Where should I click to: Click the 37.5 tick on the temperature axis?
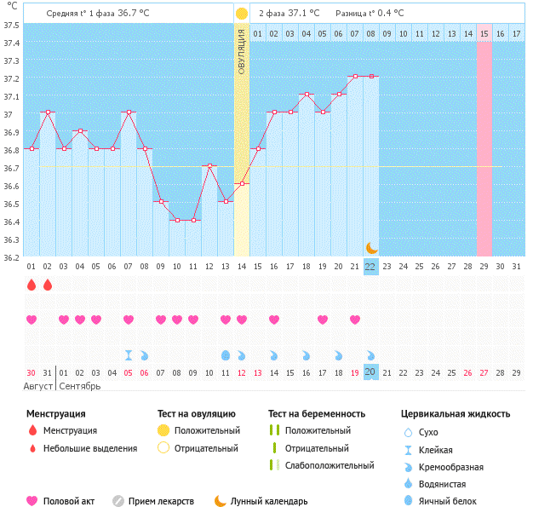tap(12, 25)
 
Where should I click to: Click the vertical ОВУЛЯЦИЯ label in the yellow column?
tap(242, 51)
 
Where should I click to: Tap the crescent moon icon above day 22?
tap(370, 247)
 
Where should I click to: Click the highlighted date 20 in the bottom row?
tap(370, 372)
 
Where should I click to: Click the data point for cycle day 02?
tap(48, 112)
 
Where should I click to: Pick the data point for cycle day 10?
tap(177, 220)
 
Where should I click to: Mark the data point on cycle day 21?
tap(354, 77)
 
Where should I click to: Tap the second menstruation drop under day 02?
tap(48, 285)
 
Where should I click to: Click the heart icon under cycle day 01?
tap(32, 320)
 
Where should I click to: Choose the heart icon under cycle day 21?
tap(354, 320)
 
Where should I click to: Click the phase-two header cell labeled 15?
tap(484, 33)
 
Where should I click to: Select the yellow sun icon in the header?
tap(242, 14)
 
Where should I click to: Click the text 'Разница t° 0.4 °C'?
tap(370, 14)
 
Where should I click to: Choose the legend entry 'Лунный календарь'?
tap(268, 501)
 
